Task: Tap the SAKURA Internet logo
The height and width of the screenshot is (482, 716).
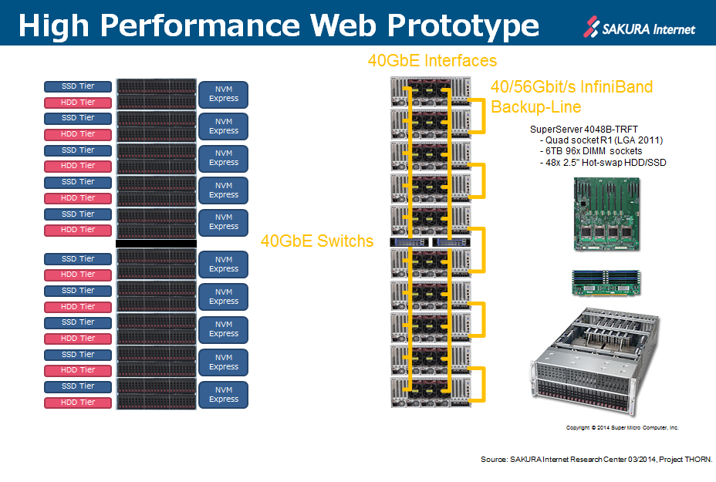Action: pyautogui.click(x=640, y=29)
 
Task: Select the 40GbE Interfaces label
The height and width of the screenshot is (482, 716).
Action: pyautogui.click(x=431, y=60)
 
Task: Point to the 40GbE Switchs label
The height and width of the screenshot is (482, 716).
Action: pyautogui.click(x=317, y=241)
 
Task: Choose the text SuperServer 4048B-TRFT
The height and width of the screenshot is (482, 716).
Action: pyautogui.click(x=585, y=129)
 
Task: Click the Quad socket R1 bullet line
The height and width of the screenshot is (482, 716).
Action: pyautogui.click(x=601, y=140)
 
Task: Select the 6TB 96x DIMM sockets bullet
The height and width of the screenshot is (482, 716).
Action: pyautogui.click(x=592, y=151)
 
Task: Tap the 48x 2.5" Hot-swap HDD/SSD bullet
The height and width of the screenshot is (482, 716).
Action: pyautogui.click(x=603, y=163)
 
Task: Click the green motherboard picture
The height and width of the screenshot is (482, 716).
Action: pyautogui.click(x=609, y=214)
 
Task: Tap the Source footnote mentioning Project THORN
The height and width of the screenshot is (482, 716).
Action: pyautogui.click(x=596, y=460)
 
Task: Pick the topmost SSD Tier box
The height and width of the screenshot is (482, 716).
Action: pyautogui.click(x=78, y=86)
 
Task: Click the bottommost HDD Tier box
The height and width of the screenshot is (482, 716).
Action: pyautogui.click(x=78, y=403)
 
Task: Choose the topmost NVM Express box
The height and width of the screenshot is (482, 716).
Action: pyautogui.click(x=224, y=94)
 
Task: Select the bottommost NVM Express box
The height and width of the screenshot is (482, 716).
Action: pyautogui.click(x=224, y=395)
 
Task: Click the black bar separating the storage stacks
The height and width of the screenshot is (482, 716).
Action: pyautogui.click(x=156, y=243)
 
